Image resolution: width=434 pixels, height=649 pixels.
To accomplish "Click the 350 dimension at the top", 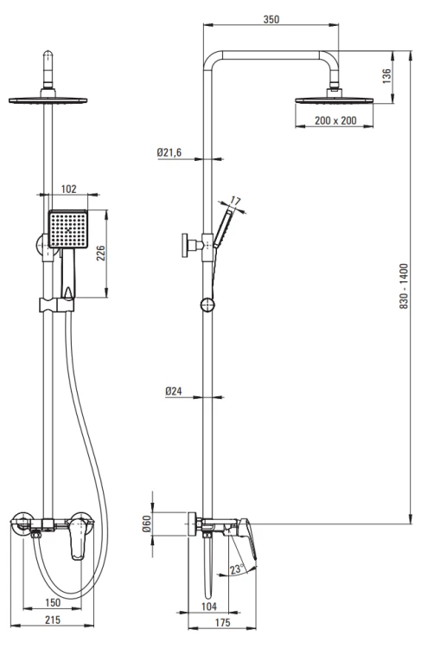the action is (271, 19).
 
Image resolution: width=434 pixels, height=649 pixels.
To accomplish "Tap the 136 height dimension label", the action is (386, 76).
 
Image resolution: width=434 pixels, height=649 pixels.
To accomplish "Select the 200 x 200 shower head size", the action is (335, 120).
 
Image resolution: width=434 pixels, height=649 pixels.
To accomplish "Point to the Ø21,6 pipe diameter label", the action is (169, 152).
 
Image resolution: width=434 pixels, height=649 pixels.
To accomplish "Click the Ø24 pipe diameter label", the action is (174, 391).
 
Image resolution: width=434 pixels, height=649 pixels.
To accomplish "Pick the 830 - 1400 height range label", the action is (404, 286).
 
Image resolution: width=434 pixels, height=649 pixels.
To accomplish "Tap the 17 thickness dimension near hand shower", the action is (235, 201).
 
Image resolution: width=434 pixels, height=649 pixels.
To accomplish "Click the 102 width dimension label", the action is (68, 189).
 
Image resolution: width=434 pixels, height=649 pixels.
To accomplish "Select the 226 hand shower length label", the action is (101, 254).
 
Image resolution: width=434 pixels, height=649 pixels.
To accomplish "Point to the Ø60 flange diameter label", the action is (147, 524).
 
